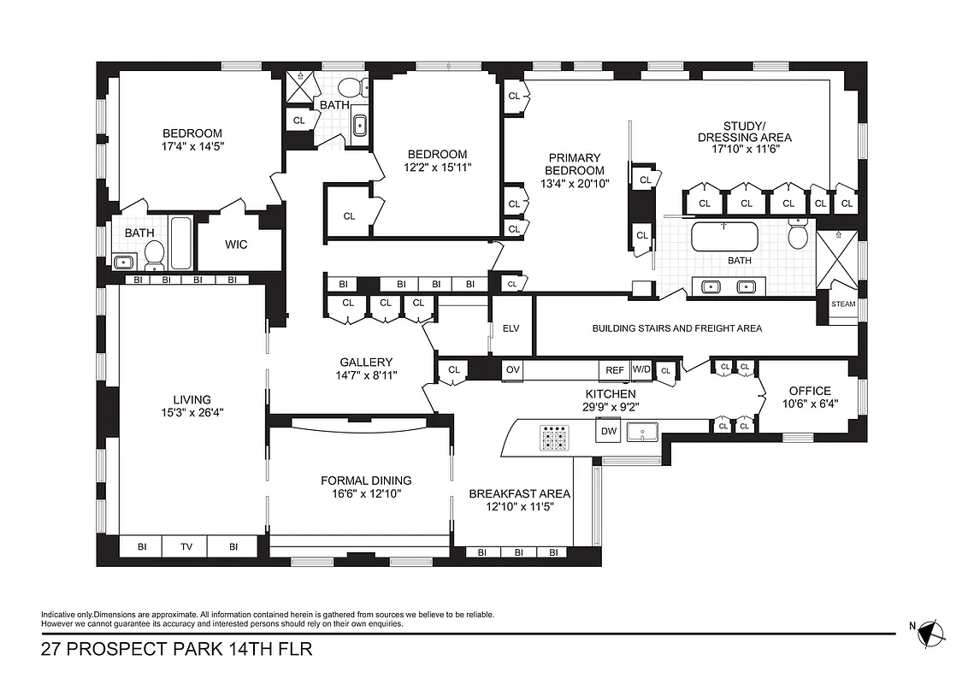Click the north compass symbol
tap(933, 633)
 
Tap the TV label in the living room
tap(186, 546)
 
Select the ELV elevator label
tap(511, 328)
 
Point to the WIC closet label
tap(236, 245)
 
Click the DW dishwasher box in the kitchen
tap(609, 432)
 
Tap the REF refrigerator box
tap(614, 370)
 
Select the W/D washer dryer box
tap(640, 370)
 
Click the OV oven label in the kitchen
tap(513, 370)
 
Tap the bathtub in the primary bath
tap(723, 237)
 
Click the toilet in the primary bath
tap(798, 234)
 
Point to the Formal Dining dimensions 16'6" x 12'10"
tap(366, 494)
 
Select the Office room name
tap(809, 391)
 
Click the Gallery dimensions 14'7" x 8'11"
tap(366, 375)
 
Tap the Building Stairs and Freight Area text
tap(676, 328)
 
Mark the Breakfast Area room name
tap(519, 493)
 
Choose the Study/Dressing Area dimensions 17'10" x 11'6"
tap(744, 149)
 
